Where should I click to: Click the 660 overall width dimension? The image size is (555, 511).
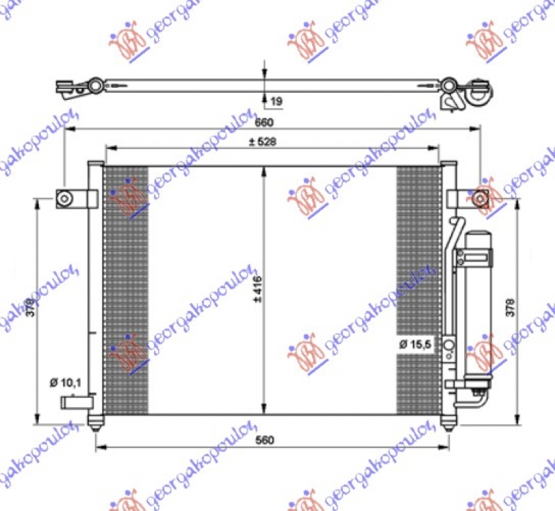[x=264, y=123]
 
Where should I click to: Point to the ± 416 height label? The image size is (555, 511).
[x=257, y=291]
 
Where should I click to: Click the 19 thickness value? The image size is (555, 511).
[x=275, y=102]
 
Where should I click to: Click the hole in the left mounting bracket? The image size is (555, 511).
[x=65, y=199]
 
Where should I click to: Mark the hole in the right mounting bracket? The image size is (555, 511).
[x=479, y=199]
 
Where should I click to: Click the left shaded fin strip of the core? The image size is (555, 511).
[x=126, y=290]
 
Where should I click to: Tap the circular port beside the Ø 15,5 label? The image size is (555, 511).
[x=449, y=345]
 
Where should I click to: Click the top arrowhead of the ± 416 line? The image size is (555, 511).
[x=264, y=171]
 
